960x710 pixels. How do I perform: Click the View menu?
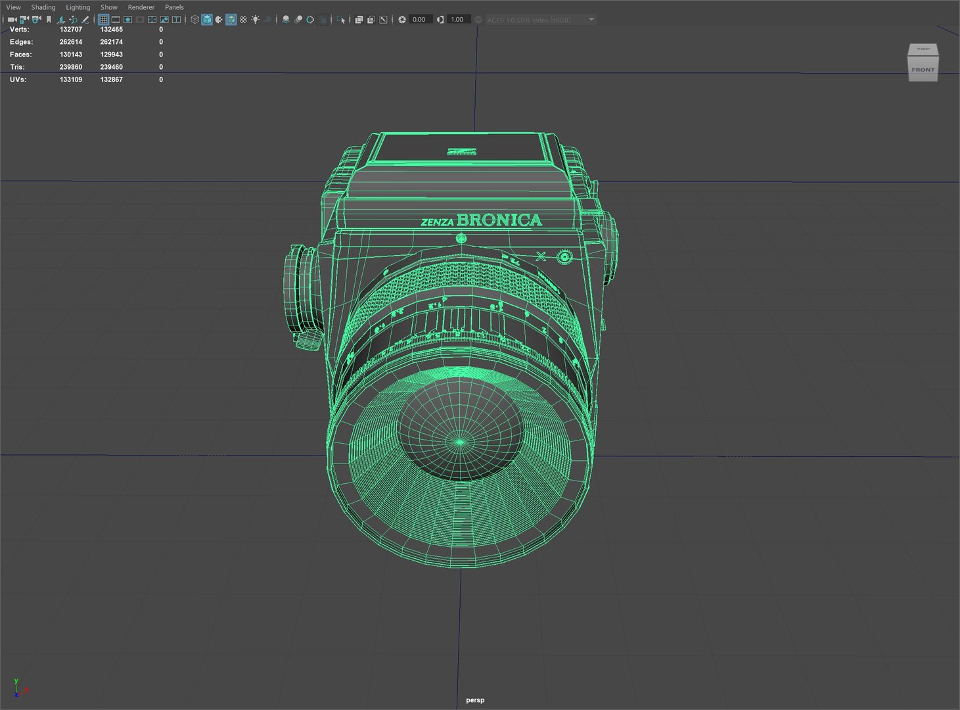(13, 7)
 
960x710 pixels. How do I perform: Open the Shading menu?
(43, 7)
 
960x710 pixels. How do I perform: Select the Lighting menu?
(78, 7)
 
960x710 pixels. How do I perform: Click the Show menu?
(109, 7)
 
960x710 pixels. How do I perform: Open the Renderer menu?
(141, 7)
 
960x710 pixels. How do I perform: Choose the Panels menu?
(174, 7)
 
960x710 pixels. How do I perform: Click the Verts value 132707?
(71, 30)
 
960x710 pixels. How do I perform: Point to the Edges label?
(21, 42)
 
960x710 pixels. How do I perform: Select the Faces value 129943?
(111, 55)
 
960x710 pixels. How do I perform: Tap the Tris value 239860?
(71, 67)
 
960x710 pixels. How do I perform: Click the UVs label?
(18, 80)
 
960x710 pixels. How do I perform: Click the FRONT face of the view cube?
(923, 70)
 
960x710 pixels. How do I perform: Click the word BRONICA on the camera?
(499, 220)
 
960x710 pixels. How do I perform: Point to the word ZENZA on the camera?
(437, 222)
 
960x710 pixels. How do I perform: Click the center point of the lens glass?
(460, 442)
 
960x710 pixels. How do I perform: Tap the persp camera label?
(475, 700)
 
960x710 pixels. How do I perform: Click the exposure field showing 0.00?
(419, 20)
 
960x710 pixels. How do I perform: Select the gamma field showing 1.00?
(457, 20)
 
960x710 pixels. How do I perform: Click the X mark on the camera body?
(541, 256)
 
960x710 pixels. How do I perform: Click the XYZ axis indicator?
(18, 688)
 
